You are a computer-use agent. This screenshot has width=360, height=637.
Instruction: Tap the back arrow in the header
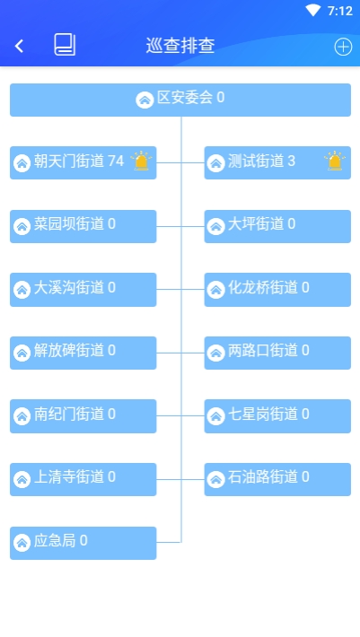point(19,46)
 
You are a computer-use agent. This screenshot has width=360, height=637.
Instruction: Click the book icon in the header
point(65,45)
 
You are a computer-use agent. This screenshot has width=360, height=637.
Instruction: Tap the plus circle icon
point(343,47)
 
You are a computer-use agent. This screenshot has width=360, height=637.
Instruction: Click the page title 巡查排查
point(180,46)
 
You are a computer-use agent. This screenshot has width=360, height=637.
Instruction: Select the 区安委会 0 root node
point(180,100)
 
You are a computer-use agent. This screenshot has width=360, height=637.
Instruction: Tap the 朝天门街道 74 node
point(83,162)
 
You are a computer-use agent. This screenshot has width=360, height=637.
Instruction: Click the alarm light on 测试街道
point(335,161)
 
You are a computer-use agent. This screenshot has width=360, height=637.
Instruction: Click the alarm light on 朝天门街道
point(141,161)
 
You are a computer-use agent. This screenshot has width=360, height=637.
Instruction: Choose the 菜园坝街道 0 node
point(83,226)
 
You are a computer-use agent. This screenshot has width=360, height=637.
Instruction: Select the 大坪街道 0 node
point(277,226)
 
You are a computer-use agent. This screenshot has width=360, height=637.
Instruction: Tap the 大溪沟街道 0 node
point(83,290)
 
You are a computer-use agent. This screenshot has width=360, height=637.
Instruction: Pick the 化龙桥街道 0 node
point(277,290)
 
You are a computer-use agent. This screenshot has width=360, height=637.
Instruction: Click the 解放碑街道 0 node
point(83,353)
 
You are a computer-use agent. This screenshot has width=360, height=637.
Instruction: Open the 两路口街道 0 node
point(277,353)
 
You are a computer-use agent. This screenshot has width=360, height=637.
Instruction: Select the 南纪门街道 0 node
point(83,416)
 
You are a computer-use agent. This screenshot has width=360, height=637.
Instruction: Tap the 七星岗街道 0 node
point(277,416)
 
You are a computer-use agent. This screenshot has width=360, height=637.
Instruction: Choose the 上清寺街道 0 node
point(83,479)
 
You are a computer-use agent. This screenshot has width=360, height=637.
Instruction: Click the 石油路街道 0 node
point(277,479)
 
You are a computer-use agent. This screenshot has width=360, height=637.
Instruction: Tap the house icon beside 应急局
point(22,543)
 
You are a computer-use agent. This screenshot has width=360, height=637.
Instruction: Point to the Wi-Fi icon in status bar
point(312,11)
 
